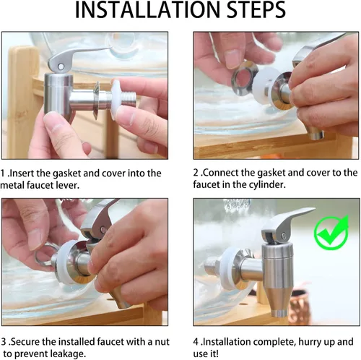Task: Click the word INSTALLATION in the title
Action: click(x=148, y=9)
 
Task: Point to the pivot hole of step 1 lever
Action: click(x=61, y=67)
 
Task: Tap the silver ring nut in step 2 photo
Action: click(x=244, y=77)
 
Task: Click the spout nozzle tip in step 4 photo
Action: click(x=279, y=313)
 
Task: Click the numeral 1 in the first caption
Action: click(x=2, y=173)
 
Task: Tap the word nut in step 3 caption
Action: click(x=162, y=342)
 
